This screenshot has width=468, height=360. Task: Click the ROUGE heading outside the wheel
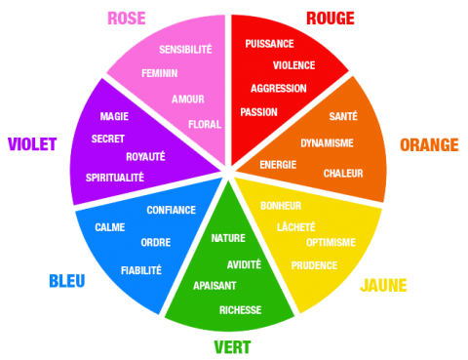pyautogui.click(x=331, y=19)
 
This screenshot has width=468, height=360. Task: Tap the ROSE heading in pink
pyautogui.click(x=127, y=19)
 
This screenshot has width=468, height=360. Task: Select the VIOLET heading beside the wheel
pyautogui.click(x=32, y=144)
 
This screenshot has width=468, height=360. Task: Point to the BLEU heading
pyautogui.click(x=67, y=281)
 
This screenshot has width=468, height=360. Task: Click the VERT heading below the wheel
pyautogui.click(x=232, y=347)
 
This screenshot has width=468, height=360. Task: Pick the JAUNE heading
pyautogui.click(x=383, y=285)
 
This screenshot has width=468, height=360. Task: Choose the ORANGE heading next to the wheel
pyautogui.click(x=429, y=144)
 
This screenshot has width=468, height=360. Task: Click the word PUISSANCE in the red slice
pyautogui.click(x=269, y=44)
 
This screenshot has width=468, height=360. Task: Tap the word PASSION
pyautogui.click(x=258, y=112)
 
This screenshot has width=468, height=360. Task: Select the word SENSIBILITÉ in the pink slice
pyautogui.click(x=185, y=49)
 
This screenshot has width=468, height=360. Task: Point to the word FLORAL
pyautogui.click(x=205, y=124)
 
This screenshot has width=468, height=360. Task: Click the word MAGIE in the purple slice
pyautogui.click(x=114, y=116)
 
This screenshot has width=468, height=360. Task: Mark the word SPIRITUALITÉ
pyautogui.click(x=115, y=178)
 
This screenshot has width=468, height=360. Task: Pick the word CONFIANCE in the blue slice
pyautogui.click(x=172, y=210)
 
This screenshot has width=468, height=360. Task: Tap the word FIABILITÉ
pyautogui.click(x=141, y=270)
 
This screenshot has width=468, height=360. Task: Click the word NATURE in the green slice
pyautogui.click(x=228, y=238)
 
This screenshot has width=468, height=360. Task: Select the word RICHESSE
pyautogui.click(x=241, y=310)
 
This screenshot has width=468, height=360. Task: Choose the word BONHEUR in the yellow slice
pyautogui.click(x=281, y=206)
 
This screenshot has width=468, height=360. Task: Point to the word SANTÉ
pyautogui.click(x=343, y=116)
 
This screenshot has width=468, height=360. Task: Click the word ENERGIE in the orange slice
pyautogui.click(x=278, y=165)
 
